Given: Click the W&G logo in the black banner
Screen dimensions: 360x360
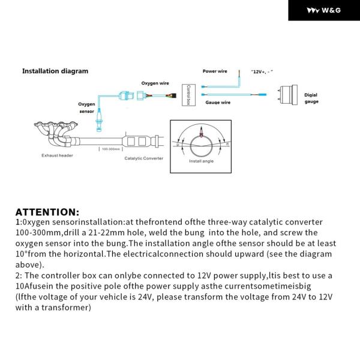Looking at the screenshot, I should click(323, 10).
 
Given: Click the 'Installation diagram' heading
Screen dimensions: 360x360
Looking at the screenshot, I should click(55, 71).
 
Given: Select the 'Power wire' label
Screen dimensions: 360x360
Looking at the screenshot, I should click(215, 71).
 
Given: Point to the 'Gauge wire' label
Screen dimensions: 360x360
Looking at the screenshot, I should click(218, 103).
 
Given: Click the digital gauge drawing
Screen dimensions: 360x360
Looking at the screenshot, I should click(288, 95).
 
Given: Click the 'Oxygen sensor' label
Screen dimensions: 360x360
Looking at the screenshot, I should click(87, 107).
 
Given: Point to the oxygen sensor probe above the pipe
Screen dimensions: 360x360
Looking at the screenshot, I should click(99, 124).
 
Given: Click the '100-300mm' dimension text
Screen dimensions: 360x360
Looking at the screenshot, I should click(110, 148).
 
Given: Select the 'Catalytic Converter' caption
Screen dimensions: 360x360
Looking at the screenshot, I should click(145, 158).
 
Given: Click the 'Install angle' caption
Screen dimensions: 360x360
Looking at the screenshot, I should click(201, 161).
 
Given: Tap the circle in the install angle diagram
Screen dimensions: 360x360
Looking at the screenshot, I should click(201, 144).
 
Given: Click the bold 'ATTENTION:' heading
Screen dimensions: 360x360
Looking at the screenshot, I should click(47, 212).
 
